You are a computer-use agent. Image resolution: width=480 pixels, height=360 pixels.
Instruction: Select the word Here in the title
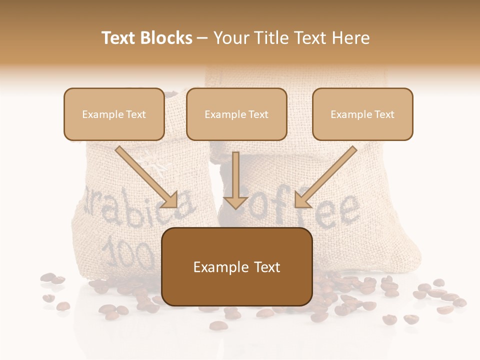[x=350, y=38]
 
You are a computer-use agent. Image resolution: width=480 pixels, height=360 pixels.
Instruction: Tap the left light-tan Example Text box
[x=114, y=114]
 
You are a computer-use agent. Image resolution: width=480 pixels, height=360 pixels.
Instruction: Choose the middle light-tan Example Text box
[x=236, y=114]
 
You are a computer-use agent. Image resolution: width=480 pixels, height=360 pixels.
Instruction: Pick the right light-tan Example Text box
[x=362, y=114]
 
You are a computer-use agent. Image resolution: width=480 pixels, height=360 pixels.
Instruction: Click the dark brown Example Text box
[x=237, y=267]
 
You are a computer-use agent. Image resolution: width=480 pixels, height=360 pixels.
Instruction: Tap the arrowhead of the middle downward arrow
[x=235, y=201]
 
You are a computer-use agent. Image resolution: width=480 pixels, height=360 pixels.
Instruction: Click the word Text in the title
[x=120, y=38]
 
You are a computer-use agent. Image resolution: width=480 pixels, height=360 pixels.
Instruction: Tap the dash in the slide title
[x=202, y=38]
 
